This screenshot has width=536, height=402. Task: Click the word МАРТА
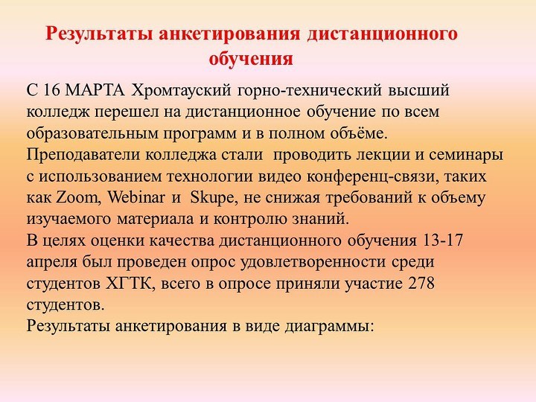(x=95, y=91)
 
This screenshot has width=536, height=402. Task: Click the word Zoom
(x=77, y=198)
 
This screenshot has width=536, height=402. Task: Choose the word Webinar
(x=136, y=198)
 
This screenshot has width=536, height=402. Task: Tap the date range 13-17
(x=443, y=241)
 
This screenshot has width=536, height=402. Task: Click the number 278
(x=421, y=284)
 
